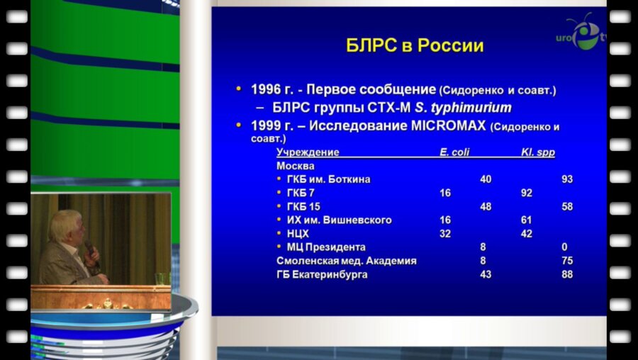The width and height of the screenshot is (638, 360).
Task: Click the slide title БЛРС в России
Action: [415, 47]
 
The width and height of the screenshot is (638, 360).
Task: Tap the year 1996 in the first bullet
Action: [267, 90]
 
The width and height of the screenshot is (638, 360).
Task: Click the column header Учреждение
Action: [308, 152]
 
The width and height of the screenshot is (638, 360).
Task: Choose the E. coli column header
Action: [454, 152]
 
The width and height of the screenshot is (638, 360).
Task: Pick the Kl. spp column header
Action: [538, 152]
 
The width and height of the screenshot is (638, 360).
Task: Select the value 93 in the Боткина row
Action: [567, 179]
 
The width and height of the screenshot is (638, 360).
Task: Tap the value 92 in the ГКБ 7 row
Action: [526, 193]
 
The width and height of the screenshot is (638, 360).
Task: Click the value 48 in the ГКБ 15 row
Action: [486, 206]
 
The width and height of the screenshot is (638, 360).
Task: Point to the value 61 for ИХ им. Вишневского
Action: [526, 220]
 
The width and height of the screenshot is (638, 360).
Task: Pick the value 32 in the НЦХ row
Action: [445, 234]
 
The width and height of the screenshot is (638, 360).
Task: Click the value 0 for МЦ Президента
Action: [565, 247]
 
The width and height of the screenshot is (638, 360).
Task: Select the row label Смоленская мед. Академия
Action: [346, 261]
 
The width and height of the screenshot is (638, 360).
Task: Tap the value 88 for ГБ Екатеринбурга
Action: [567, 274]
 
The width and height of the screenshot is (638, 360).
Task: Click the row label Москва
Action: [296, 166]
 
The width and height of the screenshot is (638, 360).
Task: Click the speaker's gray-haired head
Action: [69, 225]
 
